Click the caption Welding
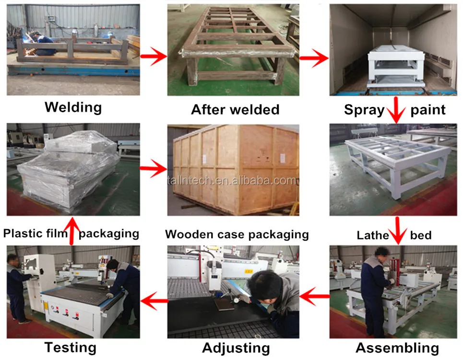click(x=73, y=107)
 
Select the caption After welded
click(x=235, y=109)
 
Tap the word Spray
click(x=364, y=109)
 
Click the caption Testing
click(x=70, y=347)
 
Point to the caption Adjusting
click(x=236, y=348)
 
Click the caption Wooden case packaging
click(x=237, y=234)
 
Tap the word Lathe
click(x=372, y=235)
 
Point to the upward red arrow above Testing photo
click(x=71, y=230)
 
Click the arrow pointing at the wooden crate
click(x=153, y=170)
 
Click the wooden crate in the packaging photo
click(x=235, y=170)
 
